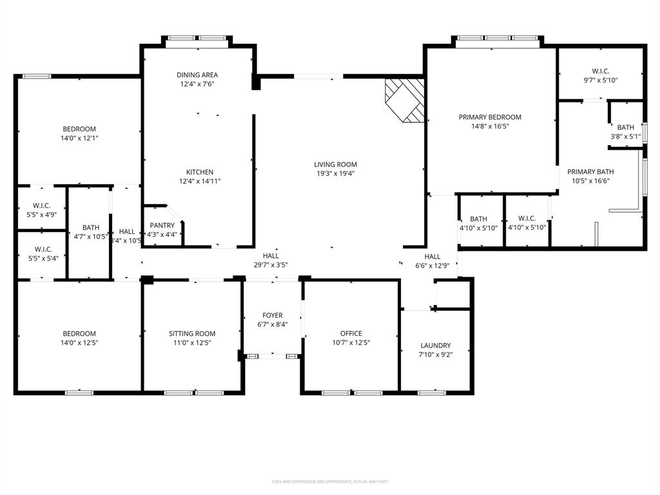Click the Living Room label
(x=335, y=164)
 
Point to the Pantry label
(x=162, y=226)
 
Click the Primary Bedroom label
(x=490, y=117)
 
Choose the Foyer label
(x=271, y=315)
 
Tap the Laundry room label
(x=436, y=345)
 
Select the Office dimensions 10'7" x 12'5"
(x=351, y=342)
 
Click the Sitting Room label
(x=192, y=334)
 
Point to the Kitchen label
(x=200, y=172)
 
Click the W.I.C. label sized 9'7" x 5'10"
(x=600, y=71)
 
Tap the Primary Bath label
(x=590, y=172)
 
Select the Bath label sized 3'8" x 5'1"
(x=625, y=128)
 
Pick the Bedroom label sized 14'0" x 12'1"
(x=79, y=129)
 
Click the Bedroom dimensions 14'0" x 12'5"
(x=79, y=342)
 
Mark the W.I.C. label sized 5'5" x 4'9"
(x=42, y=206)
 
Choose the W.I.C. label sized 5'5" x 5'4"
(x=43, y=249)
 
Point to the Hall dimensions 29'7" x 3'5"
(x=271, y=264)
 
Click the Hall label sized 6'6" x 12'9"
(x=432, y=256)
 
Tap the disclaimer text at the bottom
(x=330, y=481)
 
